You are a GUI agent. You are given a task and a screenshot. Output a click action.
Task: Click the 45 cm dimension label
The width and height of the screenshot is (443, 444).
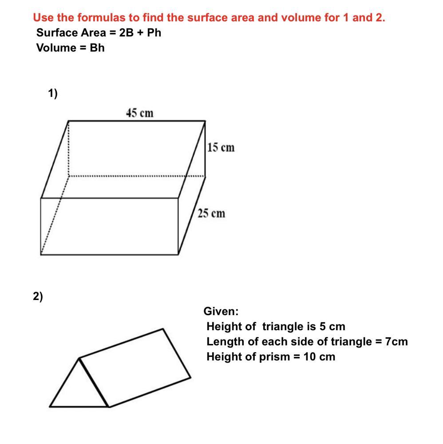click(140, 113)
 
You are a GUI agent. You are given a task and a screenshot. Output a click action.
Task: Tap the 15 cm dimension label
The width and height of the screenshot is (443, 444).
click(221, 148)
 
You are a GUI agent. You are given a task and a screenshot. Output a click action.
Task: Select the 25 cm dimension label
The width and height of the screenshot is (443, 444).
click(211, 213)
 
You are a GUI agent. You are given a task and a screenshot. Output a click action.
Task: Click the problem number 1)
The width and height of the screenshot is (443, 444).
click(53, 93)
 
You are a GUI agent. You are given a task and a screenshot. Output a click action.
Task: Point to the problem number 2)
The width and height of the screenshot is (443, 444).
click(38, 296)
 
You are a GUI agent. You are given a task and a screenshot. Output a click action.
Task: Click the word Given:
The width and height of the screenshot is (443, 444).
click(221, 311)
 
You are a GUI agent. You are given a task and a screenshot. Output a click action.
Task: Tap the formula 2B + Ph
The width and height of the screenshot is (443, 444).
click(140, 33)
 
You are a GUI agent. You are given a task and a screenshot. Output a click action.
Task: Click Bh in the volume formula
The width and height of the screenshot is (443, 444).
click(97, 48)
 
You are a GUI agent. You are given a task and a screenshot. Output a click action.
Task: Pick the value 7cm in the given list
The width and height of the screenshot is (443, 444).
click(396, 341)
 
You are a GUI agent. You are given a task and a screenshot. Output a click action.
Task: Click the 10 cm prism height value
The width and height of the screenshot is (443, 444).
click(320, 357)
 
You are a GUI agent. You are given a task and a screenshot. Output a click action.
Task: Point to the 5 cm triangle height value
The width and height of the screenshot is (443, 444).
click(332, 327)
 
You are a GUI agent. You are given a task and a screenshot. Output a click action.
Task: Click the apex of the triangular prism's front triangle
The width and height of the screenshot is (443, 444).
click(79, 359)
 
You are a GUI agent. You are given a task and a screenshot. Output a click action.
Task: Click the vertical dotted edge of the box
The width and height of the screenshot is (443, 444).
click(68, 148)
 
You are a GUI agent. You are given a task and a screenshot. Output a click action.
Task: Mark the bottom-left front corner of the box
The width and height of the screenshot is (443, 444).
click(41, 255)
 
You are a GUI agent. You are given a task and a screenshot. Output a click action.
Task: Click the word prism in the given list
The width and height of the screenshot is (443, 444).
click(274, 357)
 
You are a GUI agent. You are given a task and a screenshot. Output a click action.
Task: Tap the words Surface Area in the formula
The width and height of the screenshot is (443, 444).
click(71, 33)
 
